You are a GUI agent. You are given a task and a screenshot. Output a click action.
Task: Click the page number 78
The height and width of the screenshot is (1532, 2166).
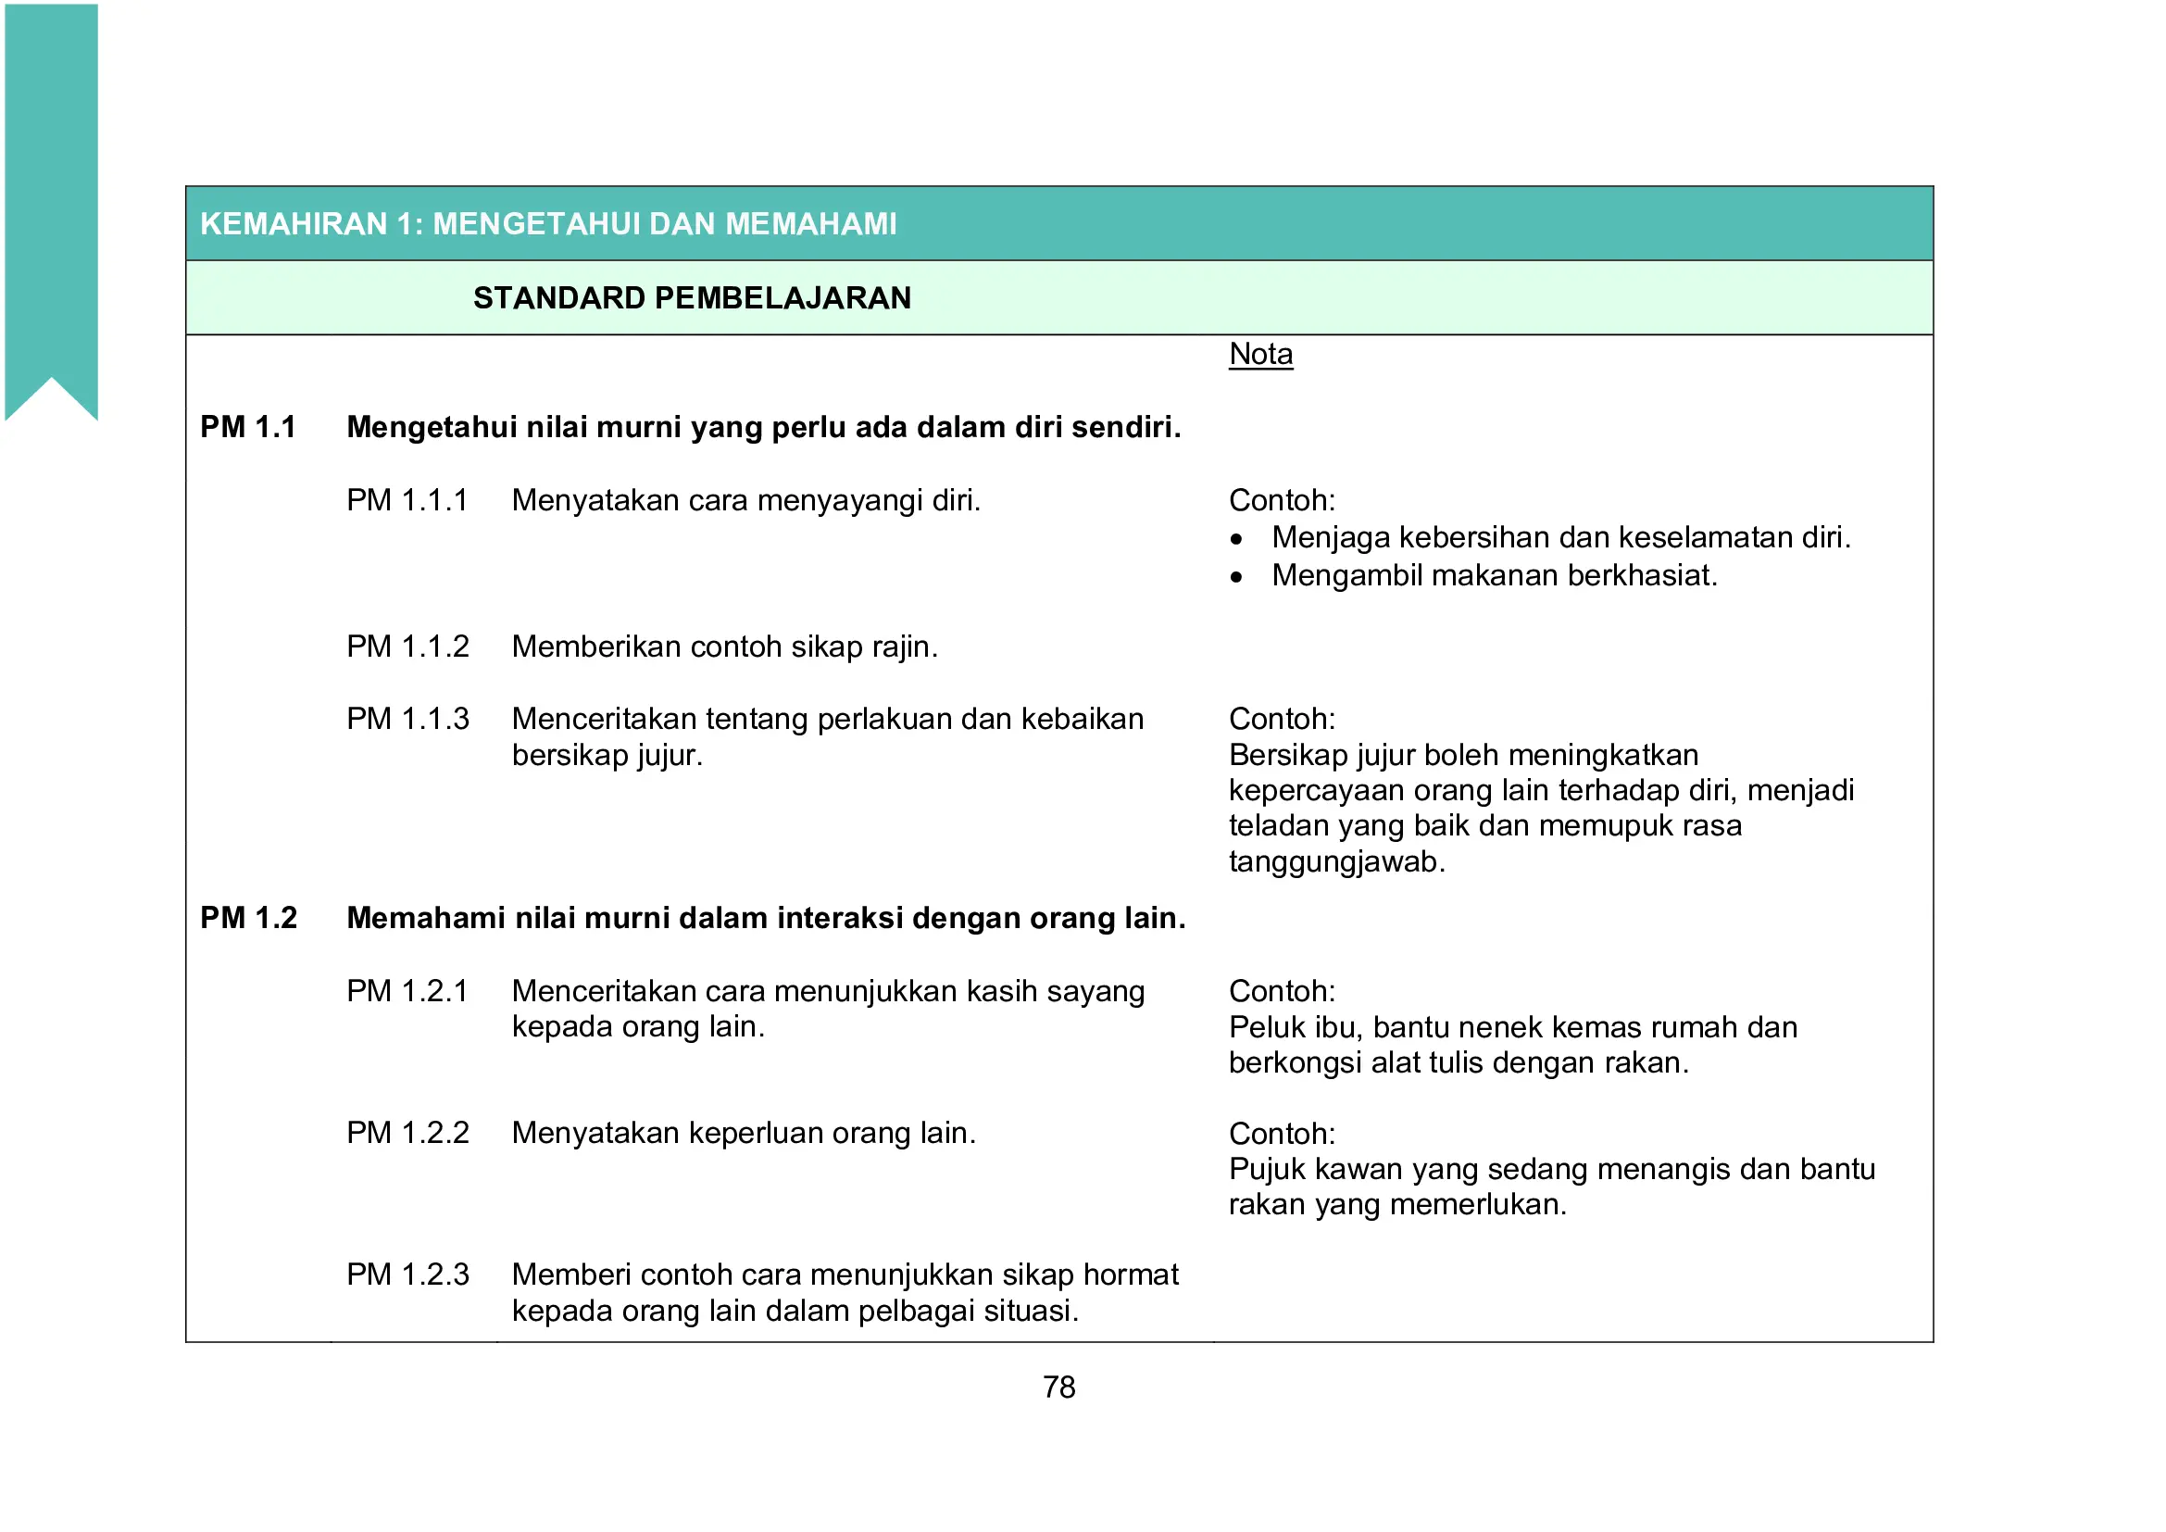[x=1058, y=1387]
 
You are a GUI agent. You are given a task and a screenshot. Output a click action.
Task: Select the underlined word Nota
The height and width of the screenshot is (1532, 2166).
[x=1260, y=354]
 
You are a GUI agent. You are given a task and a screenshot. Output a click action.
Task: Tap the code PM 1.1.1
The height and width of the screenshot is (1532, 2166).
[x=407, y=500]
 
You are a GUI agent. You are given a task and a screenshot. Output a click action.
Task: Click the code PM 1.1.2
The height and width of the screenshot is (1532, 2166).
[x=407, y=647]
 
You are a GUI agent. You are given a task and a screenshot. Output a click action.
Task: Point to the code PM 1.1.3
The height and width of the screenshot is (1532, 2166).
[x=407, y=719]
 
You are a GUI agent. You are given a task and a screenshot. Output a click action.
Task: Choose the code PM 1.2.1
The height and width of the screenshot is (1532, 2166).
[x=407, y=990]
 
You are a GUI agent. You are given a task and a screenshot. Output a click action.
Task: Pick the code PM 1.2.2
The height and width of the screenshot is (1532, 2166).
[x=407, y=1132]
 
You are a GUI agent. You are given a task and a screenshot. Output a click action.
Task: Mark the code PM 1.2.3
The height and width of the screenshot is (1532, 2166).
[x=407, y=1275]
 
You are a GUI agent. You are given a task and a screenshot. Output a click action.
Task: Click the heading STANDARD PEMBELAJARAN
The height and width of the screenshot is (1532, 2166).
[x=692, y=298]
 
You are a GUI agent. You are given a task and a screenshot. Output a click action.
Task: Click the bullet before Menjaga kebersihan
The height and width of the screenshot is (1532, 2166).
[x=1236, y=540]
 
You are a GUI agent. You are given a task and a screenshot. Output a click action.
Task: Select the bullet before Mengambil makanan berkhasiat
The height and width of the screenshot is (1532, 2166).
[x=1236, y=577]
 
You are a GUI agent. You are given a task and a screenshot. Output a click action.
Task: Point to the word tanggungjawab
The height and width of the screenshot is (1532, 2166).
[x=1336, y=861]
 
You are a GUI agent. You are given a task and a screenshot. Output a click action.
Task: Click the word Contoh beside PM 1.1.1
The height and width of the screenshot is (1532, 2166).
[x=1281, y=500]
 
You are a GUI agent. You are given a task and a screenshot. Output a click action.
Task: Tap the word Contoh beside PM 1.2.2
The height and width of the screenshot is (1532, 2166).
[x=1281, y=1133]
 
